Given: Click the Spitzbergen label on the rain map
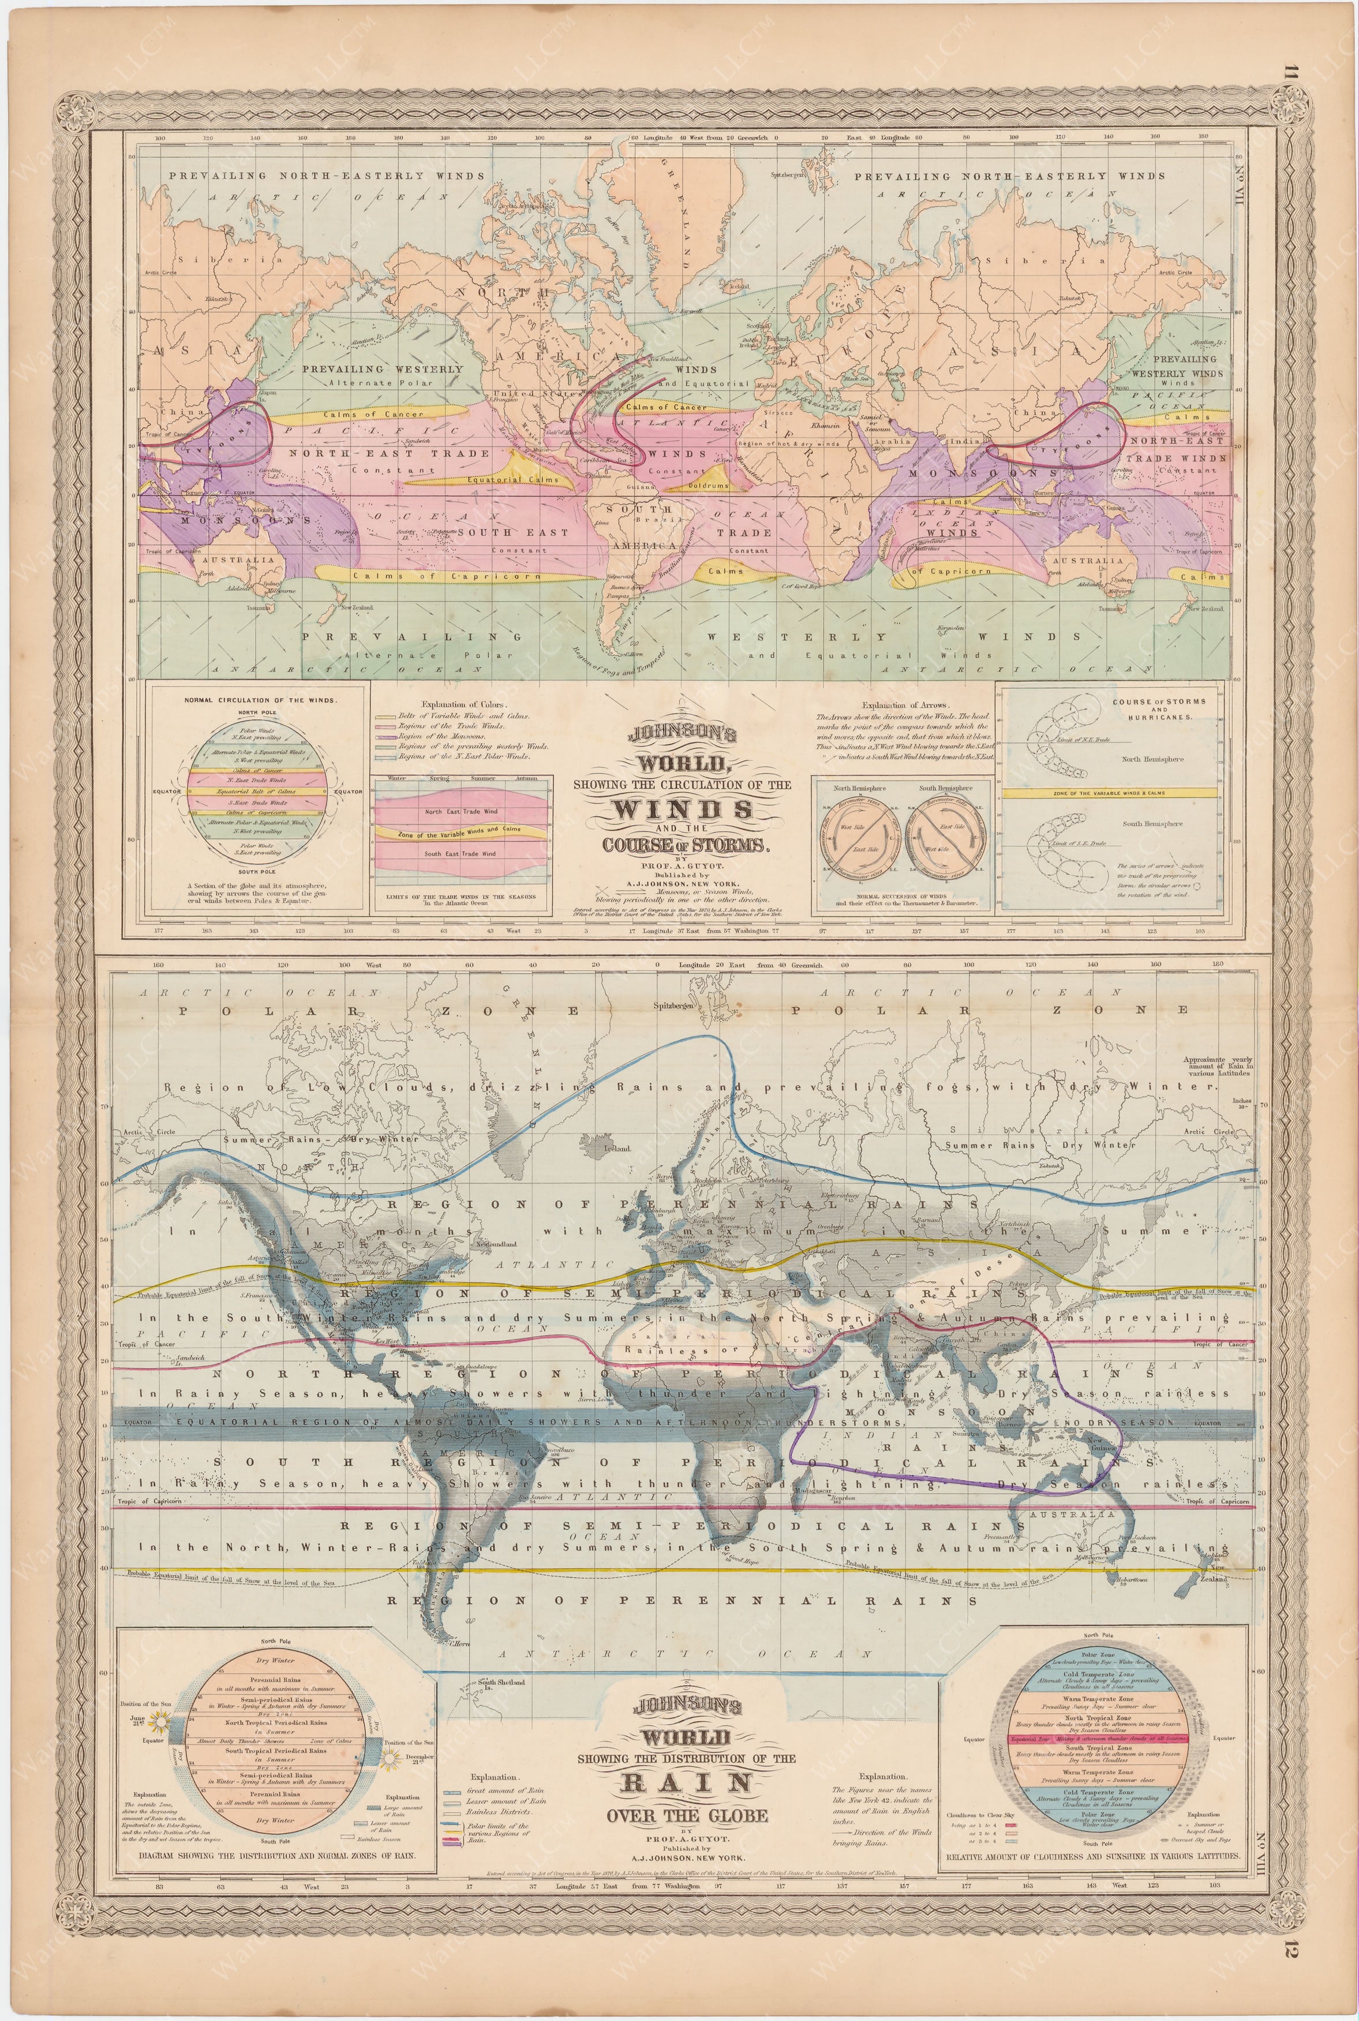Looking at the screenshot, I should pyautogui.click(x=680, y=1008).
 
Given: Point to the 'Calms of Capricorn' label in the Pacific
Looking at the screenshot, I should pyautogui.click(x=446, y=576).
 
